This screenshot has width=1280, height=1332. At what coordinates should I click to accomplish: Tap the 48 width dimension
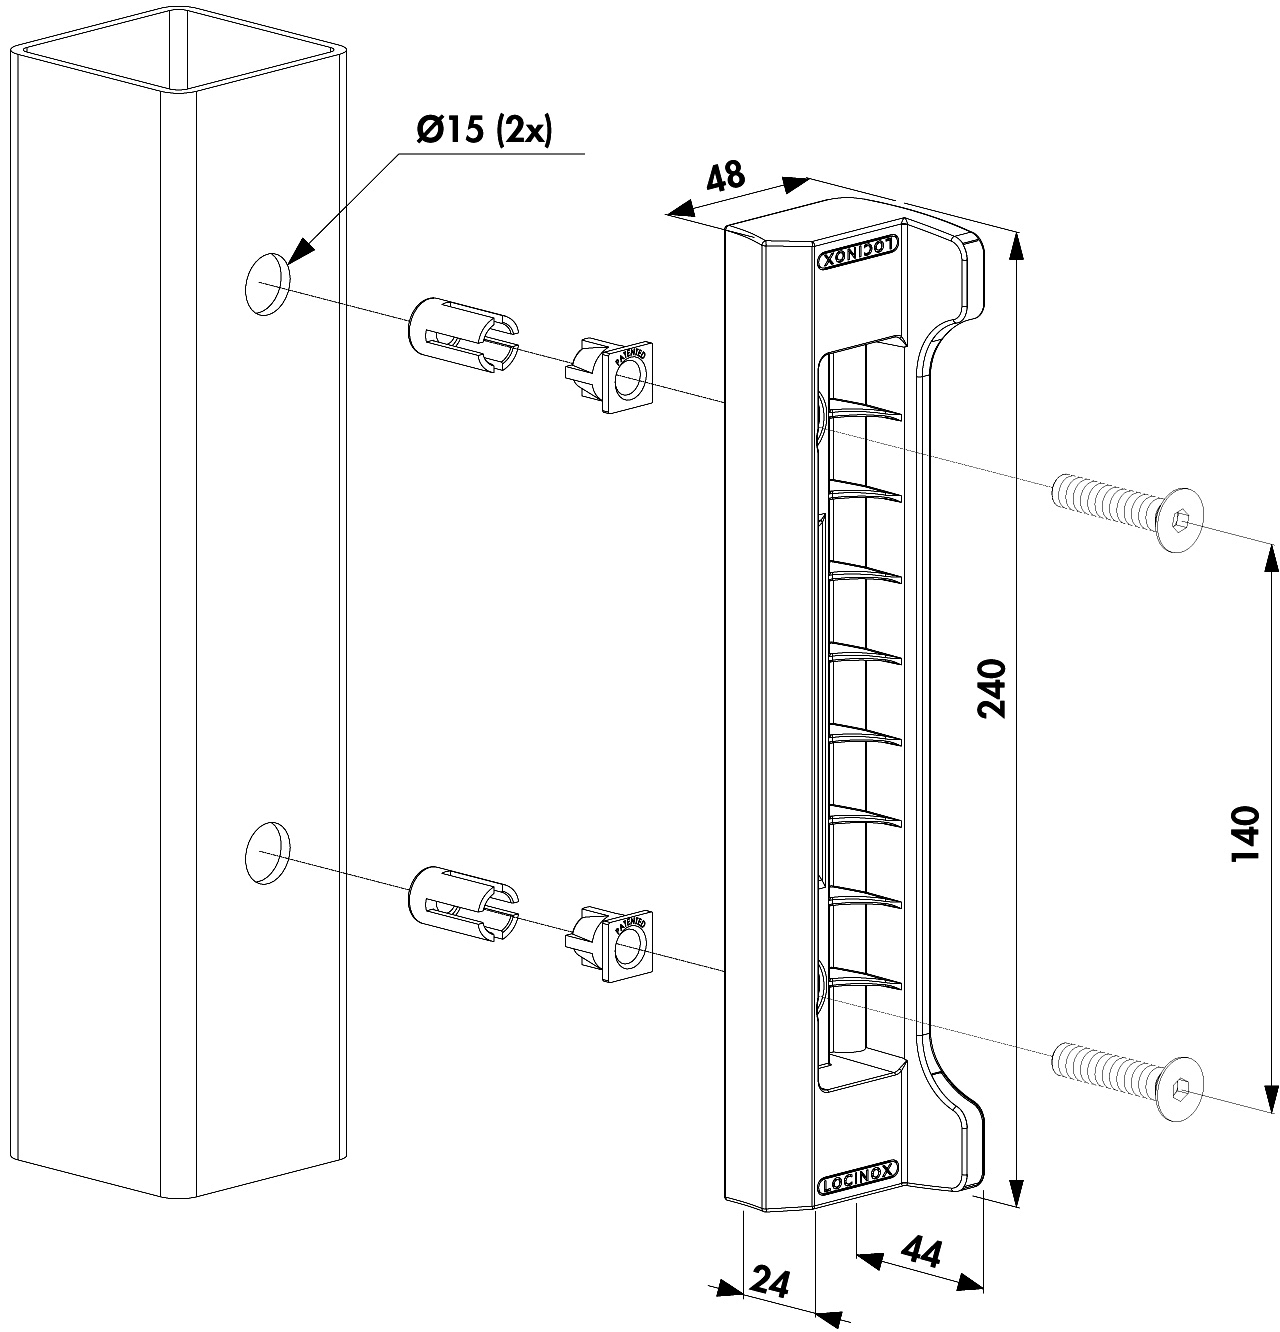726,176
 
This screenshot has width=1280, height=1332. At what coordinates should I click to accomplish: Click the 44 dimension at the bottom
921,1252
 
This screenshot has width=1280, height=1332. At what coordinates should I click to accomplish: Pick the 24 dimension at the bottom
771,1282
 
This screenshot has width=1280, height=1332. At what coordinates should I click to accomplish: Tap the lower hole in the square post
267,853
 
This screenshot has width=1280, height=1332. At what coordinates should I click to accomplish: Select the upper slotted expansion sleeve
463,335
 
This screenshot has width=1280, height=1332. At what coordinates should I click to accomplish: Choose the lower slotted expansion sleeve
463,903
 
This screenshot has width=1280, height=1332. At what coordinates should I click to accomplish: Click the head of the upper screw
1180,520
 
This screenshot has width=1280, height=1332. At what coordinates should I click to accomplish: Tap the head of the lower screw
1180,1089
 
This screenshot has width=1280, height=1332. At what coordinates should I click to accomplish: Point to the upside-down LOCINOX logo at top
857,252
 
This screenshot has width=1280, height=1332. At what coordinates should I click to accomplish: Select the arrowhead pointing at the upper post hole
300,252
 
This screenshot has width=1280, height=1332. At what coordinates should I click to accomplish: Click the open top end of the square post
179,49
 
